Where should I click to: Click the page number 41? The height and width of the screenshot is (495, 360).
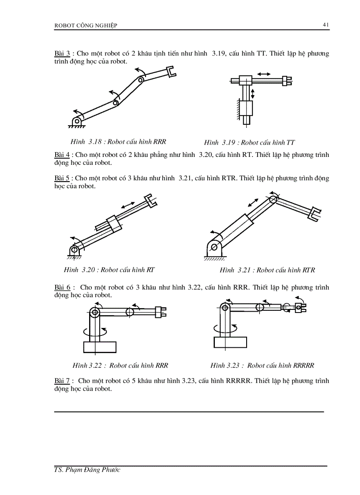tap(326, 25)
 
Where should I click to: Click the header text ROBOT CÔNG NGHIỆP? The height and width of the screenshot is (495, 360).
tap(86, 26)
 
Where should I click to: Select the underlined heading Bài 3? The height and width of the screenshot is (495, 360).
tap(62, 54)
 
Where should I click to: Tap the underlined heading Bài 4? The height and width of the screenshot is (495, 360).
tap(62, 155)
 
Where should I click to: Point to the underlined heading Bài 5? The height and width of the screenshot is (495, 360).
tap(62, 178)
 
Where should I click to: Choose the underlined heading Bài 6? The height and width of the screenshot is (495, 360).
tap(62, 287)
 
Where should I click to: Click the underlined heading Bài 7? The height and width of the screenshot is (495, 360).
tap(62, 380)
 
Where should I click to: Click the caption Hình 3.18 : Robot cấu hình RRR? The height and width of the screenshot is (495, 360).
tap(118, 142)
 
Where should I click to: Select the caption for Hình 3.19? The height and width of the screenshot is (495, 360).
tap(249, 142)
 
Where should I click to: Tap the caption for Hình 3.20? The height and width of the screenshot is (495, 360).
tap(109, 270)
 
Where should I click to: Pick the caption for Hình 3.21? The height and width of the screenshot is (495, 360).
tap(267, 270)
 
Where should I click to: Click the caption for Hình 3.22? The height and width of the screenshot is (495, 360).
tap(120, 365)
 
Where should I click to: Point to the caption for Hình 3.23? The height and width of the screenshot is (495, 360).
tap(262, 365)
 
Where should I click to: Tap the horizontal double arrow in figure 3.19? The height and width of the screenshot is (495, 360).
tap(263, 74)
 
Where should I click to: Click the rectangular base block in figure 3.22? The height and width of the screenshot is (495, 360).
tap(99, 347)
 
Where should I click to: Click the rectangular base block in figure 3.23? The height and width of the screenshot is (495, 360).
tap(229, 342)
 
